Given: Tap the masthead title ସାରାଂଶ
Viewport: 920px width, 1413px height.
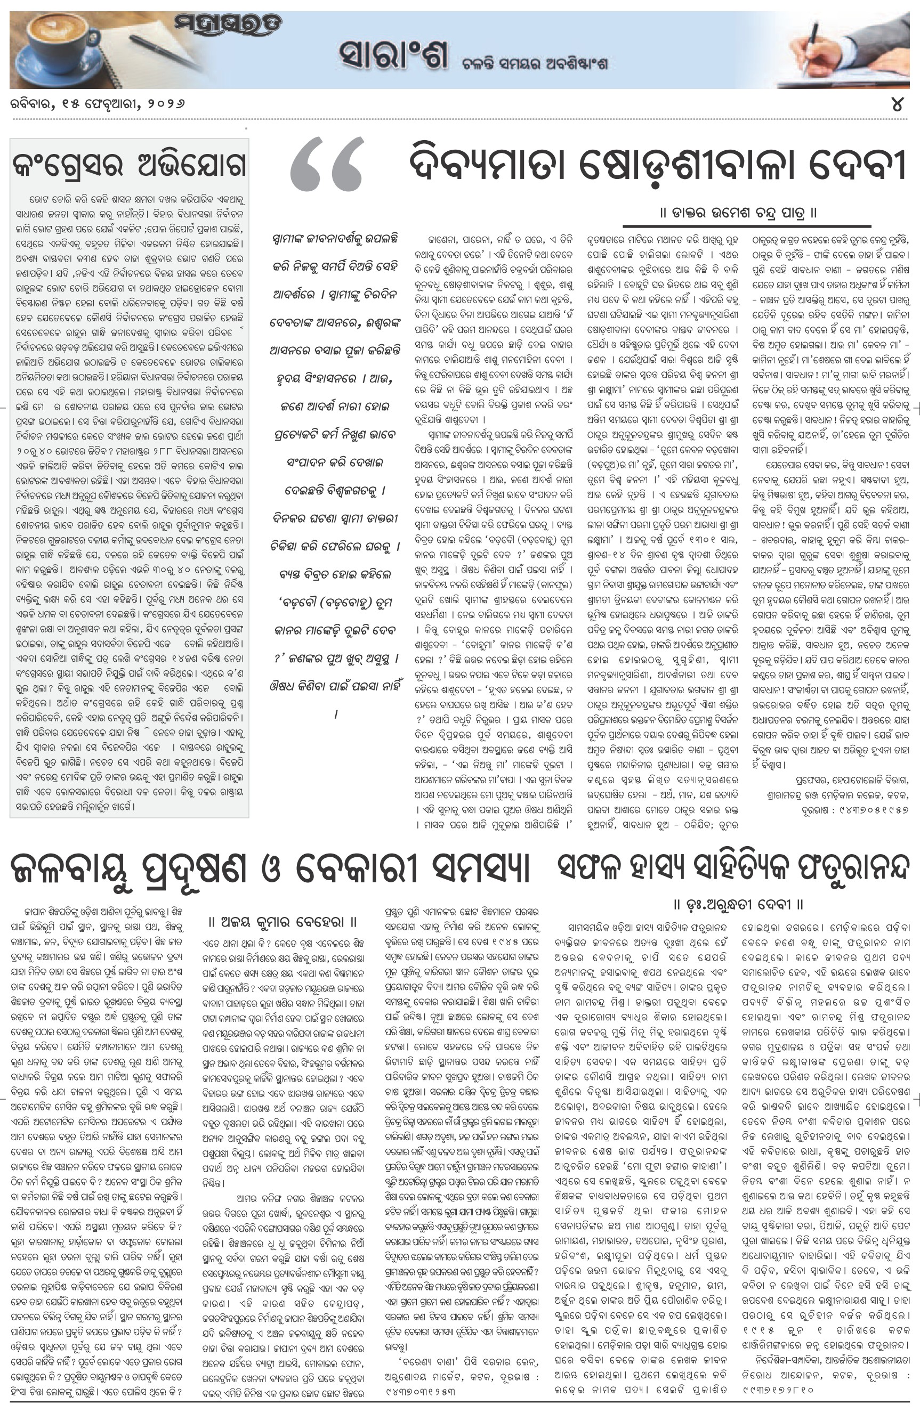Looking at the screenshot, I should [x=393, y=57].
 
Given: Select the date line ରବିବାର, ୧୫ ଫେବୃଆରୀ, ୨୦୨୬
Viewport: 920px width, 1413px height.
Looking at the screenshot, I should [x=98, y=104].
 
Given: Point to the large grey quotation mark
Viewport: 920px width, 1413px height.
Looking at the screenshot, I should [x=327, y=163].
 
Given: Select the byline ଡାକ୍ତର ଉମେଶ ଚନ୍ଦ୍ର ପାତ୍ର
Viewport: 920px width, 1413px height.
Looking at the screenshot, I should [x=738, y=212].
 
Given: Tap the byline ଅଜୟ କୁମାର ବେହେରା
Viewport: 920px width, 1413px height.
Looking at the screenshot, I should [x=282, y=922].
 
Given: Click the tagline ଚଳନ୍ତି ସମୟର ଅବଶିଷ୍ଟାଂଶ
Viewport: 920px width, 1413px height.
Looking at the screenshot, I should [x=535, y=63].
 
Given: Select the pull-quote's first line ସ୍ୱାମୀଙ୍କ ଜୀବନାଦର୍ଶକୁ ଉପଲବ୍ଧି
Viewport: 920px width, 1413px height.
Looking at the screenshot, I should [x=334, y=239].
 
